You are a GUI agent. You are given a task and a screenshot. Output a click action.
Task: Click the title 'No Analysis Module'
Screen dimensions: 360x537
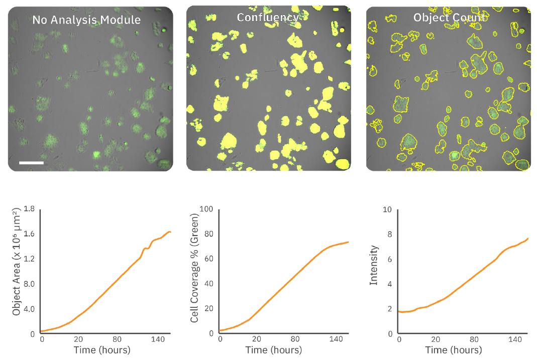pos(86,20)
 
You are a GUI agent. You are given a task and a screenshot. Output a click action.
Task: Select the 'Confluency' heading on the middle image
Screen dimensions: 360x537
pos(268,18)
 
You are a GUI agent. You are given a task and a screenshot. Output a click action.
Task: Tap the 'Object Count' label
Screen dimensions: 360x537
pos(449,18)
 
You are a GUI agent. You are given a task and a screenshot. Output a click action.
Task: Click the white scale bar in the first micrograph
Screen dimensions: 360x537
pos(32,163)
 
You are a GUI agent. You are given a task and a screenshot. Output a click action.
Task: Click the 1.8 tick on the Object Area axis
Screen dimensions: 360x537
pos(29,210)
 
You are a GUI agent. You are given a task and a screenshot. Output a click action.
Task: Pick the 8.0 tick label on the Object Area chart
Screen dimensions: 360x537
pos(29,284)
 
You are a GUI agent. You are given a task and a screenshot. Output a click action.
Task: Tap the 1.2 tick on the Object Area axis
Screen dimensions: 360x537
pos(29,259)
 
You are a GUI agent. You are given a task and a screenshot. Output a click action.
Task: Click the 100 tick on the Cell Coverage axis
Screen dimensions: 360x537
pos(207,210)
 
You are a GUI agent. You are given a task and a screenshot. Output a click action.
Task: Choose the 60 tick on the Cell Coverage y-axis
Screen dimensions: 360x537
pos(209,259)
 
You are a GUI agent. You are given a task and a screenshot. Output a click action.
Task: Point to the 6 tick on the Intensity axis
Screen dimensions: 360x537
pos(389,259)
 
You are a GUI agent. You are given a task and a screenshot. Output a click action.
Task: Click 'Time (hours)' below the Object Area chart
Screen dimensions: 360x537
pos(102,350)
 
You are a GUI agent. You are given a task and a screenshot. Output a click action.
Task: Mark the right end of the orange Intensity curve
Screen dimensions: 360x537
pos(528,238)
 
